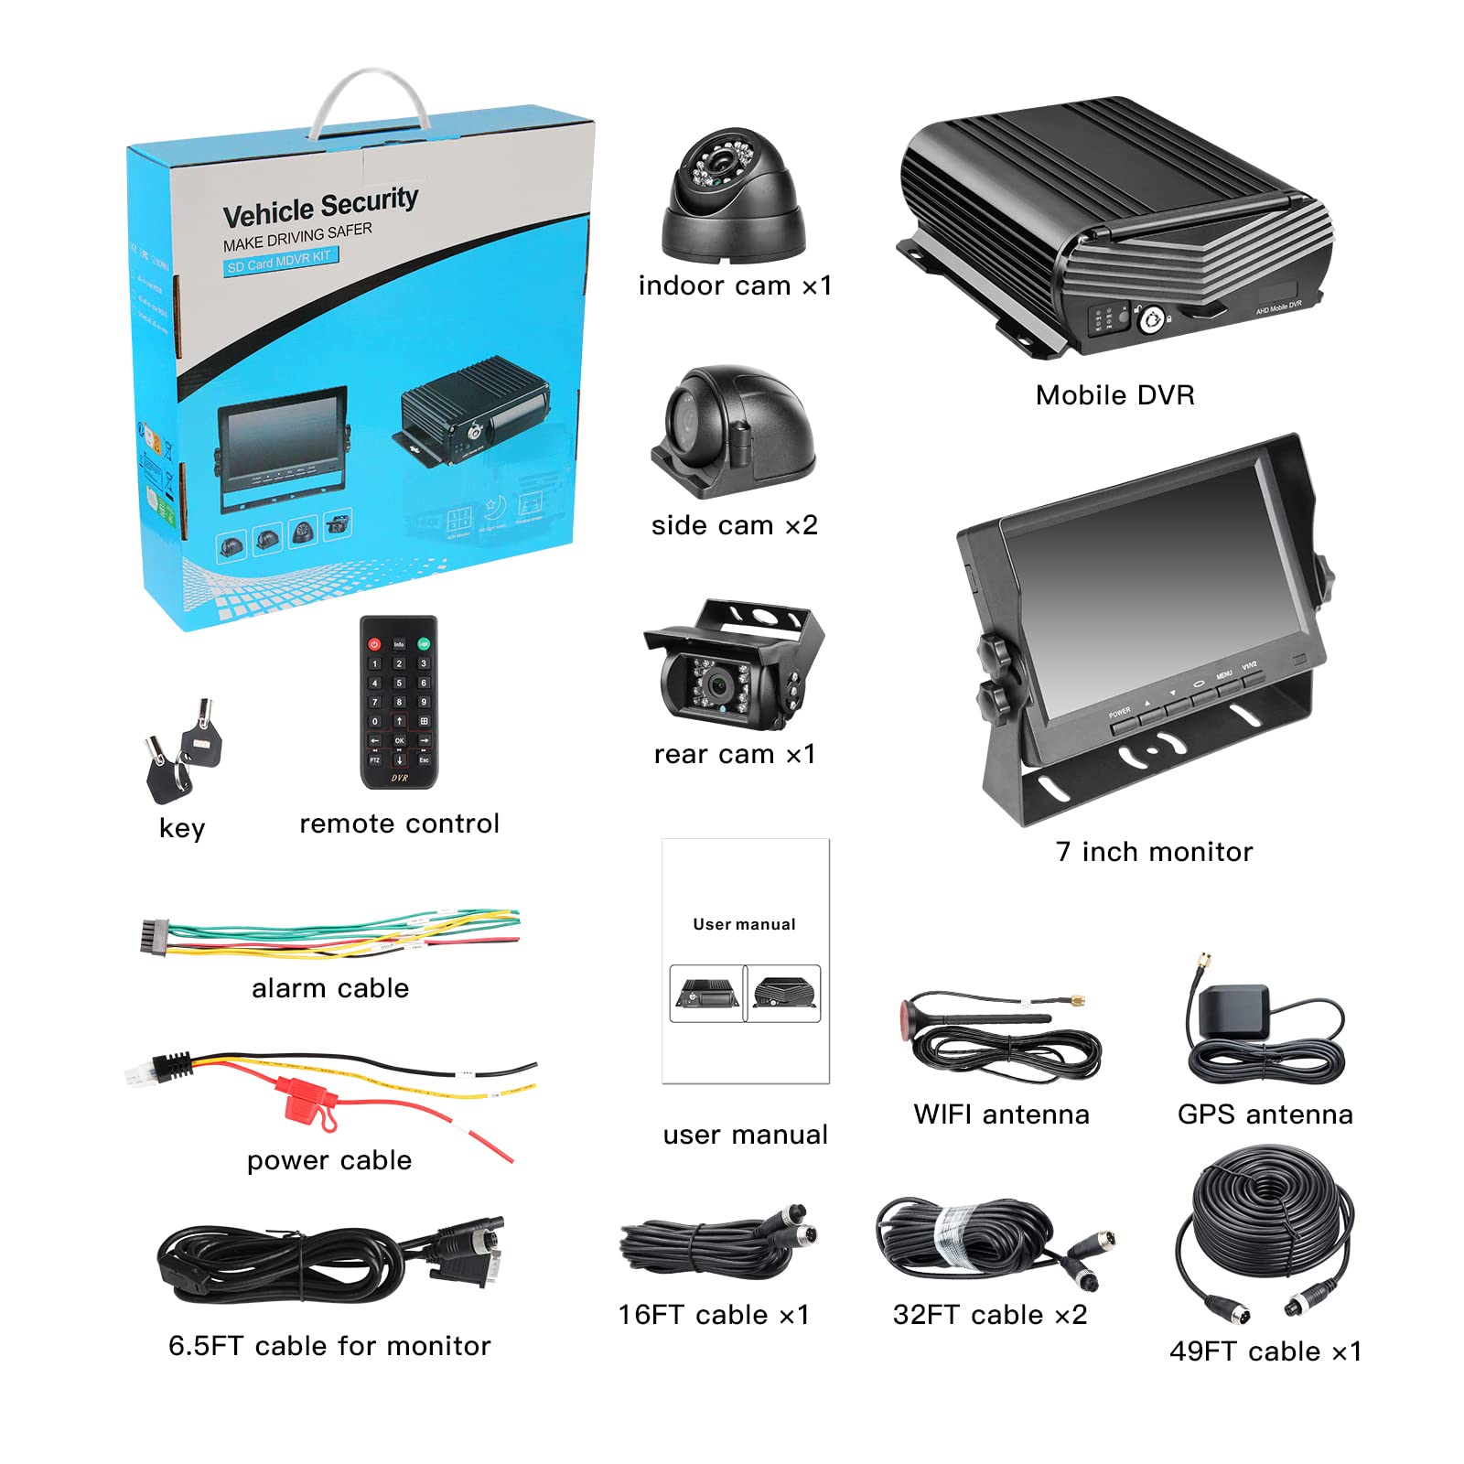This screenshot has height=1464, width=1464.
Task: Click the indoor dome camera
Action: pyautogui.click(x=732, y=197)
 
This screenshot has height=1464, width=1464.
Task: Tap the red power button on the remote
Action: pyautogui.click(x=374, y=644)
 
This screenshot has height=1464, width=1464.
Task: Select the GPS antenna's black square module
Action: pyautogui.click(x=1234, y=1011)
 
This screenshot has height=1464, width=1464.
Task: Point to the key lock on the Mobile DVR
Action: pyautogui.click(x=1149, y=320)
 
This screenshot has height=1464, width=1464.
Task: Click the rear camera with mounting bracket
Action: pyautogui.click(x=732, y=668)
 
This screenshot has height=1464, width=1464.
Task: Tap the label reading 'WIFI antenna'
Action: pyautogui.click(x=1001, y=1114)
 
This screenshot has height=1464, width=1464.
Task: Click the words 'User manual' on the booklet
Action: pyautogui.click(x=744, y=924)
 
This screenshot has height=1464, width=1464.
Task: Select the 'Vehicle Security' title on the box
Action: pyautogui.click(x=320, y=207)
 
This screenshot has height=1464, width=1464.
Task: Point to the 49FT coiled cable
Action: pyautogui.click(x=1265, y=1226)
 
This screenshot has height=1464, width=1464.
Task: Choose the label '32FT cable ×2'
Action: pyautogui.click(x=990, y=1315)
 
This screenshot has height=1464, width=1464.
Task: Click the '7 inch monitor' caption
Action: pyautogui.click(x=1154, y=852)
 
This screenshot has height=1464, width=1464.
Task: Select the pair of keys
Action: pyautogui.click(x=183, y=750)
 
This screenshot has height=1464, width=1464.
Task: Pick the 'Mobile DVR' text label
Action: pyautogui.click(x=1114, y=395)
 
